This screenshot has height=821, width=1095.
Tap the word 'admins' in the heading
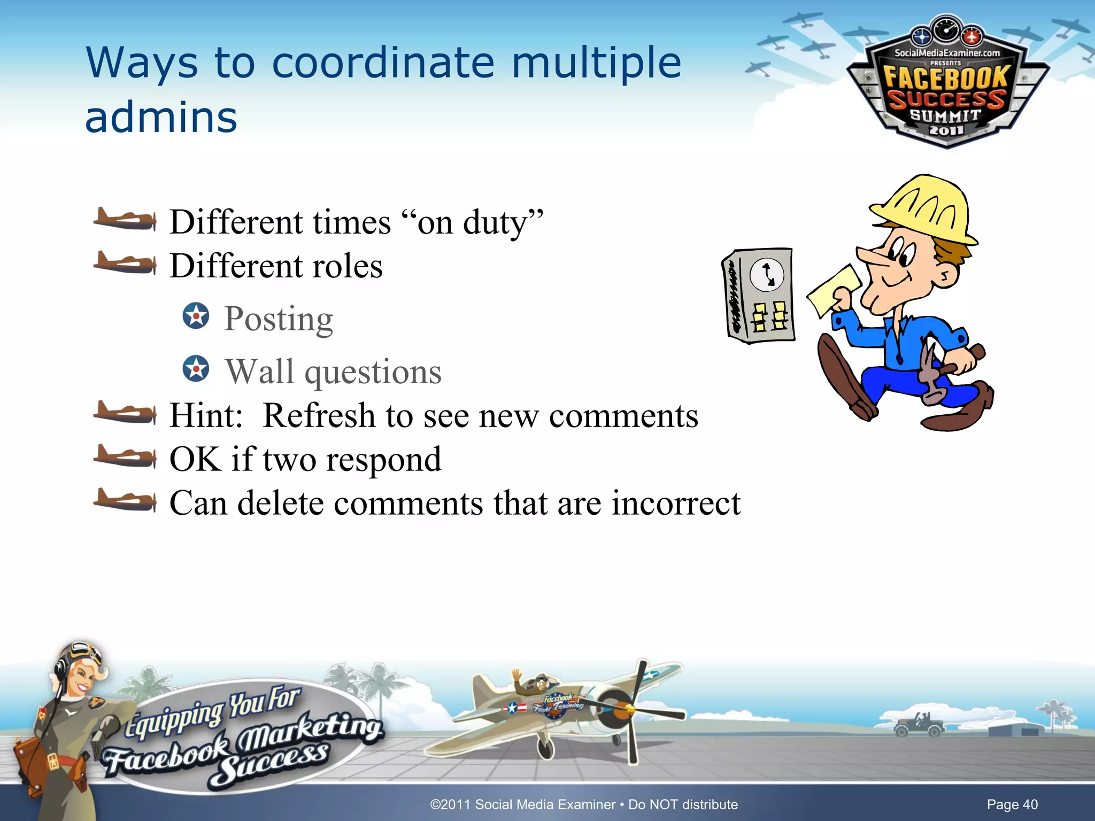pyautogui.click(x=161, y=118)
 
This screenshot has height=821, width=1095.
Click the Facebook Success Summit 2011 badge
pyautogui.click(x=946, y=86)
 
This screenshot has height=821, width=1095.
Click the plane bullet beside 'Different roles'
pyautogui.click(x=125, y=264)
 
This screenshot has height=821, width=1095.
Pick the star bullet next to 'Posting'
pyautogui.click(x=196, y=315)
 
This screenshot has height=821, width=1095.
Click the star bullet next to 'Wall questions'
pyautogui.click(x=196, y=368)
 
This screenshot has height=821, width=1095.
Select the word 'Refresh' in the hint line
pyautogui.click(x=319, y=415)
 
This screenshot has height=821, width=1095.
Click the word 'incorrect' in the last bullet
pyautogui.click(x=676, y=503)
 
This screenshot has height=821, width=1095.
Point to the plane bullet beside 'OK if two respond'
pyautogui.click(x=125, y=456)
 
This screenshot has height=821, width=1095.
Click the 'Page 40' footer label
pyautogui.click(x=1012, y=804)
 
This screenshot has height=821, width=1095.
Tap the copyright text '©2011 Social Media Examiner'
pyautogui.click(x=522, y=804)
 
